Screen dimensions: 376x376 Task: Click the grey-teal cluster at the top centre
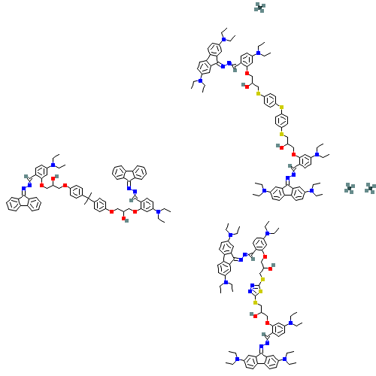259,8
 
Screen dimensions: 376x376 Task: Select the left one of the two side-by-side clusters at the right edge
350,188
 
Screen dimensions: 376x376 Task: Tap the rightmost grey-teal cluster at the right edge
370,188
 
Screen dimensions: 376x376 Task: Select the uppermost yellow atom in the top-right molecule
259,94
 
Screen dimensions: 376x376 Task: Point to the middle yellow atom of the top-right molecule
281,107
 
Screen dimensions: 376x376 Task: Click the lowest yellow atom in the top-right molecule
282,134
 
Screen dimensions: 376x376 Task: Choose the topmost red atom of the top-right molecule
247,73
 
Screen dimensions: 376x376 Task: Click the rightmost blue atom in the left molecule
158,212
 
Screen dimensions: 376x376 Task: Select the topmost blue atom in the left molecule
53,165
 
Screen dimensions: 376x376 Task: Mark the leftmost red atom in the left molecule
42,184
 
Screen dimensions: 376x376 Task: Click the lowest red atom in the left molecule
123,219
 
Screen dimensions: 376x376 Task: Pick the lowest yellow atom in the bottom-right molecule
255,302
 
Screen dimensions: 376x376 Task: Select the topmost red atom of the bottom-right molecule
264,256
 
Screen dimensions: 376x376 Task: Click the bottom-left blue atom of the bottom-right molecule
237,359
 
